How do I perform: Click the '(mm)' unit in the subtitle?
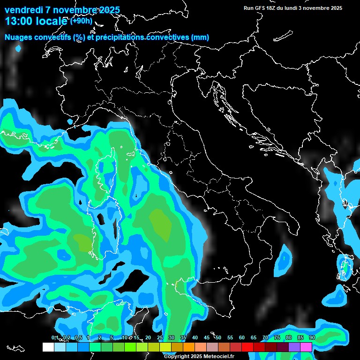point(200,37)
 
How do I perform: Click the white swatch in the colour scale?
point(48,347)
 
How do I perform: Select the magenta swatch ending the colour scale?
point(306,347)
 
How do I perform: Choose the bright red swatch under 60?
point(247,347)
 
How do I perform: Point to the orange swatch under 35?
point(189,347)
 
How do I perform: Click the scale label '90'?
point(312,338)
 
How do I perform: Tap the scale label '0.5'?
point(78,338)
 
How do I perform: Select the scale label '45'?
point(207,338)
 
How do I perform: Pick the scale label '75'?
point(277,338)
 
